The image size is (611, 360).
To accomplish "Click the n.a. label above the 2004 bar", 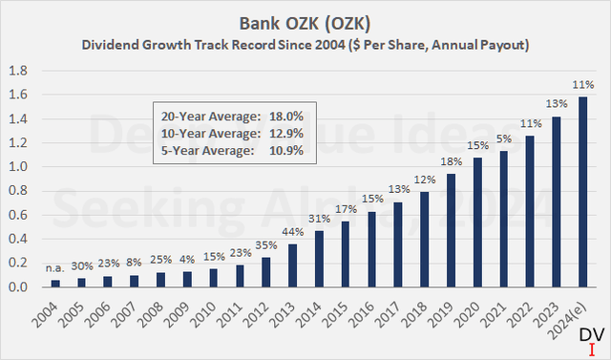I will point(56,269).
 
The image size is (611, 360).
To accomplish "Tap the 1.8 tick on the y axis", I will point(17,71).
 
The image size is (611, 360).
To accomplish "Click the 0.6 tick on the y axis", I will point(17,215).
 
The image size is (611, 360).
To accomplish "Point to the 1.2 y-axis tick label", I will point(17,142).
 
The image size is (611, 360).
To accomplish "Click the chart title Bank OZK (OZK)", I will point(305,20).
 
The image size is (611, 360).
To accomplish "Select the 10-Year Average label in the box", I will point(206,132).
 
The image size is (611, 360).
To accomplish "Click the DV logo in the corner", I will point(592,336).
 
